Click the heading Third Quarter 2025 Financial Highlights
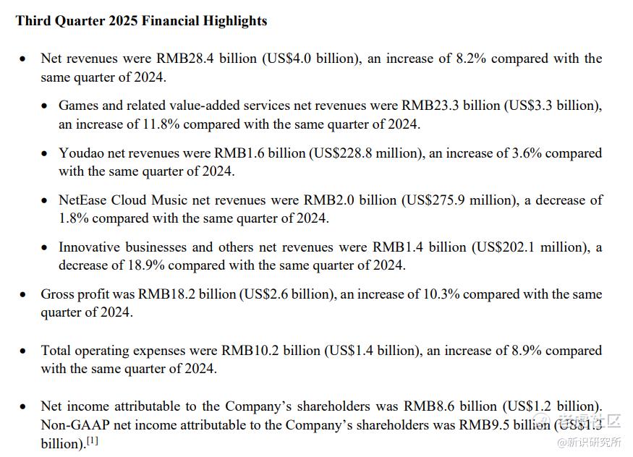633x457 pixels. click(x=141, y=21)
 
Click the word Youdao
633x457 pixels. click(x=83, y=153)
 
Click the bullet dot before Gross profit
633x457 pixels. click(x=24, y=295)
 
